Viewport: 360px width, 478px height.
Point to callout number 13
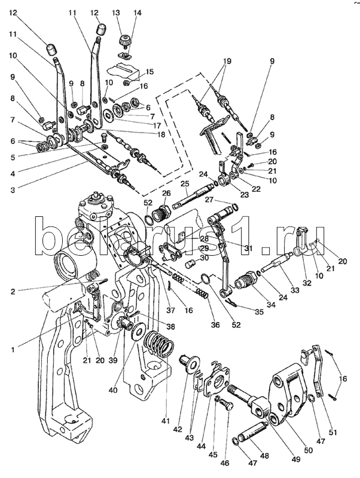click(x=116, y=12)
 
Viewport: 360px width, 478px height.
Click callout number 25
click(x=185, y=183)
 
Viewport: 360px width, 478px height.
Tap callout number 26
click(x=166, y=193)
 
